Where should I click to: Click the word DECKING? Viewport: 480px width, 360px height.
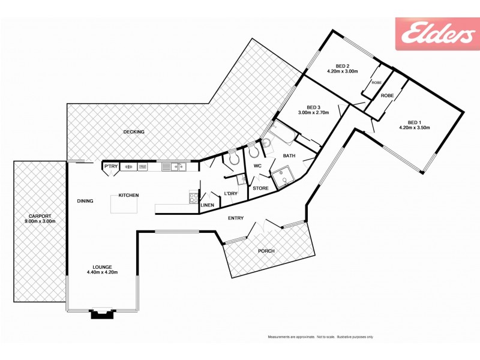coord(134,132)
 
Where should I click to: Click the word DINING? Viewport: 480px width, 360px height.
coord(85,201)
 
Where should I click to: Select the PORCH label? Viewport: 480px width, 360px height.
coord(266,251)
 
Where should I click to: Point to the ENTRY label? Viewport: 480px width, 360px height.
coord(236,218)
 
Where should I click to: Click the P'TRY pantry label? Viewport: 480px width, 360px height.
coord(110,166)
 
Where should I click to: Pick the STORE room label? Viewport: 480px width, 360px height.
coord(260,188)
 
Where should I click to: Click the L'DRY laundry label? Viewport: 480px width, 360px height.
coord(230,193)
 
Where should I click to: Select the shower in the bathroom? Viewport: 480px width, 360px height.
coord(280,178)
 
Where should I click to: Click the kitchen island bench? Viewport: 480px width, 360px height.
coord(124,204)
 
